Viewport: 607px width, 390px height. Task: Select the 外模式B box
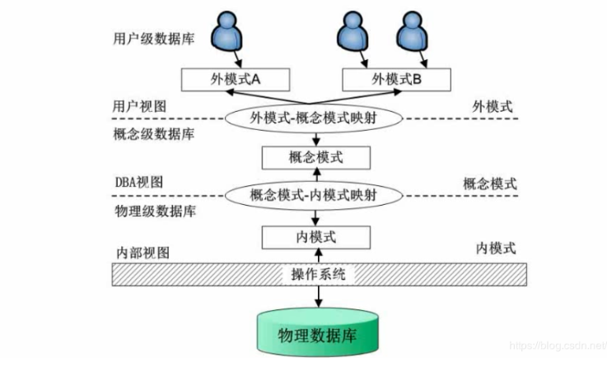click(x=397, y=79)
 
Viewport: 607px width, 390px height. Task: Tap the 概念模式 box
click(x=315, y=156)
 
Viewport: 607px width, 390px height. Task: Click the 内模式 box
click(x=315, y=236)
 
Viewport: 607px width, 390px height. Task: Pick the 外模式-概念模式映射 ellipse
click(x=315, y=118)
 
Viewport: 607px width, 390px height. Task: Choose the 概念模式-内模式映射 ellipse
click(x=315, y=196)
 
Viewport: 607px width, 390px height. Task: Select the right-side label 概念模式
click(x=490, y=183)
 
